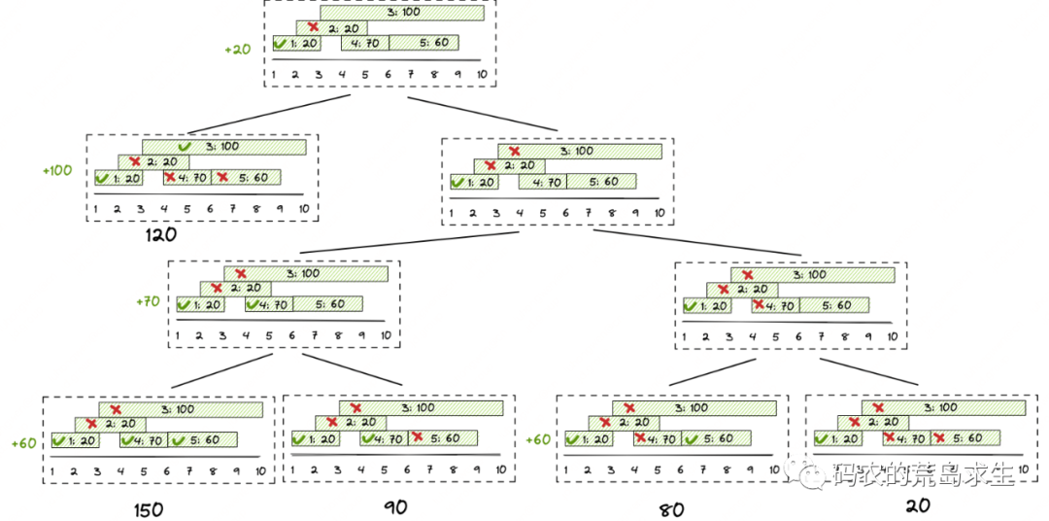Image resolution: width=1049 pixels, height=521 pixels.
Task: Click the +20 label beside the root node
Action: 237,48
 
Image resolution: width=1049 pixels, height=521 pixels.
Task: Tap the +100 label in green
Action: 57,170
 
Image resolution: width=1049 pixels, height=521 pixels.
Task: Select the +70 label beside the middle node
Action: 147,302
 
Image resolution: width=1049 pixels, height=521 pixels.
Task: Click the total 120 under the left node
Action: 160,234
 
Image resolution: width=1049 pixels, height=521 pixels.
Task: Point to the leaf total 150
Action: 149,509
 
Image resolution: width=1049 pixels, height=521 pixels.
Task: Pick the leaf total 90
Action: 394,506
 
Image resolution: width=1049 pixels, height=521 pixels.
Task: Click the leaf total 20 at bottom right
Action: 918,505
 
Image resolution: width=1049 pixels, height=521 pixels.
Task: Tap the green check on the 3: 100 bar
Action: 184,146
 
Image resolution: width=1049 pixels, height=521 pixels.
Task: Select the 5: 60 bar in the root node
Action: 423,43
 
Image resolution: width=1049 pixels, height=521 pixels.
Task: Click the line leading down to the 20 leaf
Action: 869,371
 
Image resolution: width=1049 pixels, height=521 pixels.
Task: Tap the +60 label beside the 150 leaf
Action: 24,442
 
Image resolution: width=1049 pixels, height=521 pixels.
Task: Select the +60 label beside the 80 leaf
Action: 539,439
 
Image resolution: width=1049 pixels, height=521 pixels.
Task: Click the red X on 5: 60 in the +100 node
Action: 222,177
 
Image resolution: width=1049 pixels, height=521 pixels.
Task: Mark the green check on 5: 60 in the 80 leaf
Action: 692,439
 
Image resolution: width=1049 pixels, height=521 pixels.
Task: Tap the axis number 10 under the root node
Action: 482,74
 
